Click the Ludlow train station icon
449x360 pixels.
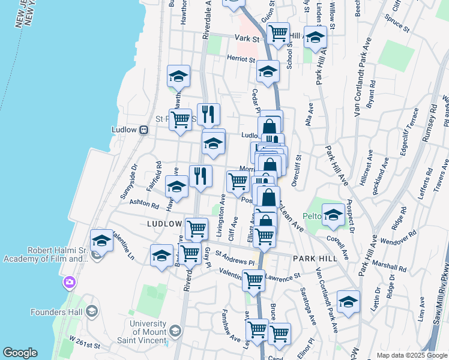(144, 130)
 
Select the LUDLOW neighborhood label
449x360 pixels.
(164, 224)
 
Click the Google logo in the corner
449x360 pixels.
(20, 353)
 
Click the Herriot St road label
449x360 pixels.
(241, 59)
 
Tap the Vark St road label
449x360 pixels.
(246, 38)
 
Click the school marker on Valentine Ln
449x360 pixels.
(102, 240)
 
